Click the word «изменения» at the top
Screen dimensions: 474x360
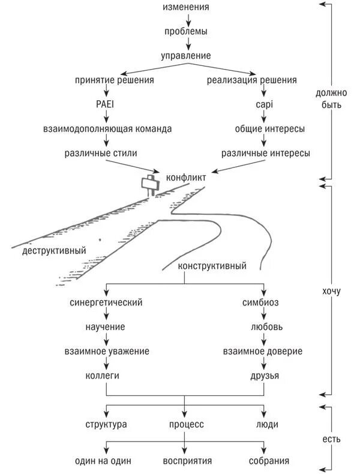[x=186, y=7]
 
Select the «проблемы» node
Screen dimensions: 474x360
[x=186, y=31]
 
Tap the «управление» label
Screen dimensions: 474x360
[x=186, y=56]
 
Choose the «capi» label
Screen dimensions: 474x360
[x=264, y=104]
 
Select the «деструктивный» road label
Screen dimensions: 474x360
[x=54, y=250]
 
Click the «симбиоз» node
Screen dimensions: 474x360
[x=260, y=302]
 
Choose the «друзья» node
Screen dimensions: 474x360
[x=265, y=376]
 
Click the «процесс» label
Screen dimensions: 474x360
[x=186, y=424]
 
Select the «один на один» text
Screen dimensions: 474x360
[x=103, y=461]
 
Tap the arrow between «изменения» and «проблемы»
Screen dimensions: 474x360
[x=187, y=19]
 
